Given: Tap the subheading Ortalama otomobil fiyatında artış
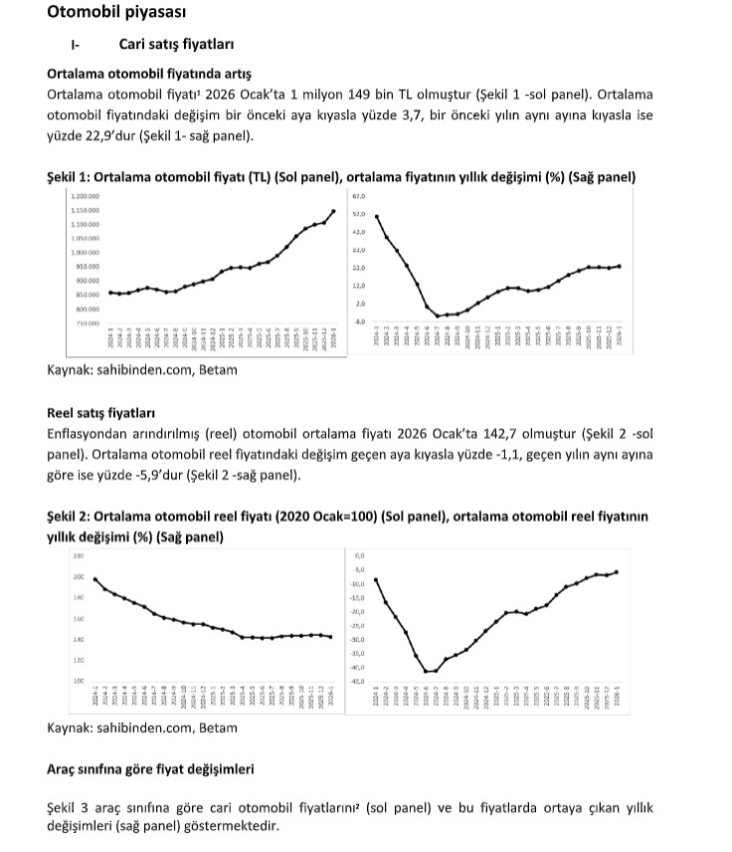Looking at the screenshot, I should [x=149, y=75].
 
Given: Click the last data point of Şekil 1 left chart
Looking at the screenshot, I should [x=333, y=211].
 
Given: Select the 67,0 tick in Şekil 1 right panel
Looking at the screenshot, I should [x=360, y=196].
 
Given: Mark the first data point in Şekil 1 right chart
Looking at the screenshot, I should [x=377, y=217].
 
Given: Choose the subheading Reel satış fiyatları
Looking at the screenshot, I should [x=100, y=412].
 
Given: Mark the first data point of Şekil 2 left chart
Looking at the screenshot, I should [x=95, y=579].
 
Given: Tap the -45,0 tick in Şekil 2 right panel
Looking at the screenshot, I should [x=360, y=681].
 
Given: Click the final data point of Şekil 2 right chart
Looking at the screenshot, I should [x=617, y=571].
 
